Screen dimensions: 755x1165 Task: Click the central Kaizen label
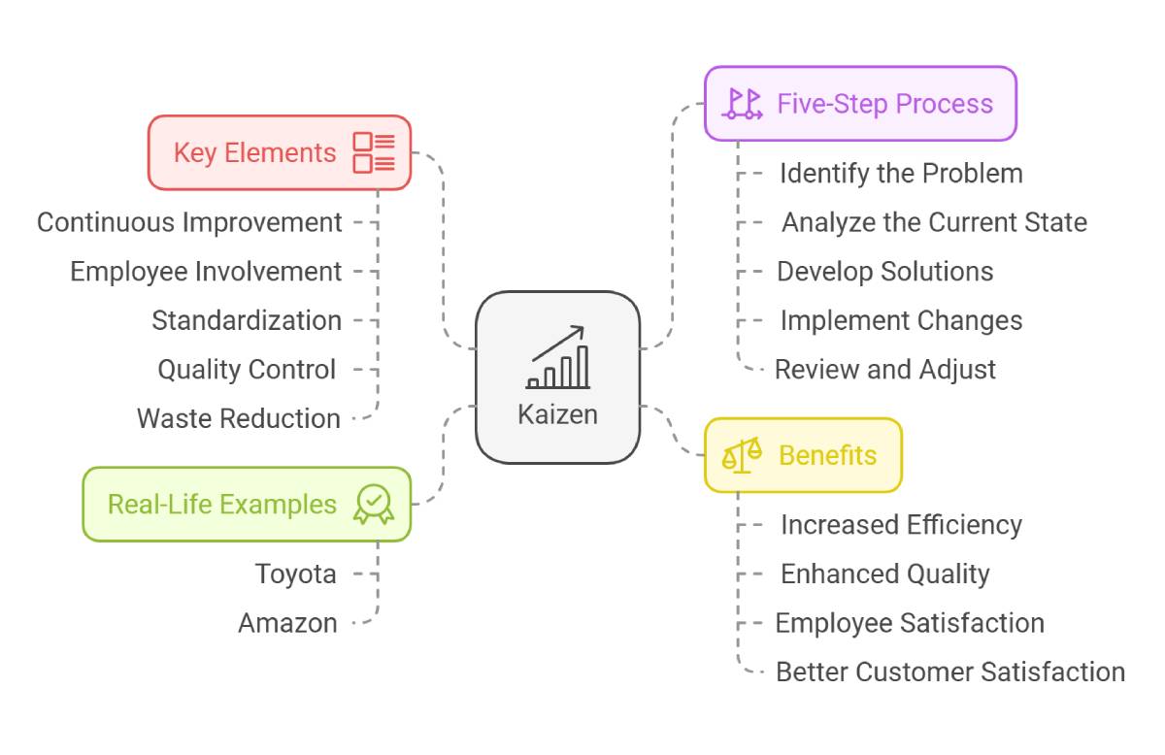point(557,414)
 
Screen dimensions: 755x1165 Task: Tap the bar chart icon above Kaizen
point(558,357)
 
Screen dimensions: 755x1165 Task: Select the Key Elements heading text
point(254,152)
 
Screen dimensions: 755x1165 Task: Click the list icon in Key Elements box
point(374,153)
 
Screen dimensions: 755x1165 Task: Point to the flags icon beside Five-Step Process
point(742,104)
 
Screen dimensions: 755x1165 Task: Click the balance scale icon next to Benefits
point(742,455)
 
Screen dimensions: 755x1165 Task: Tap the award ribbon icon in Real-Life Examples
point(374,505)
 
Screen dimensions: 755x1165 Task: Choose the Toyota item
point(296,574)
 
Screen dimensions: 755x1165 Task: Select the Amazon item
point(287,623)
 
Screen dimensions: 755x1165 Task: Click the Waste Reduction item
point(239,418)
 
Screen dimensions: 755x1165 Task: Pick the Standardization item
point(247,320)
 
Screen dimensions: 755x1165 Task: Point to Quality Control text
point(247,370)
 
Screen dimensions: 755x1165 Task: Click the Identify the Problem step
point(901,174)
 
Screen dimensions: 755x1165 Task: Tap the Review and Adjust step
point(885,370)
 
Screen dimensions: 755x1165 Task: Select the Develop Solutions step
point(885,272)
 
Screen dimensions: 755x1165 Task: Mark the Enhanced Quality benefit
point(885,574)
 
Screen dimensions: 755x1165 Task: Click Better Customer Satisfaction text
point(950,672)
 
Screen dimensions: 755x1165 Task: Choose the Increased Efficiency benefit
point(901,525)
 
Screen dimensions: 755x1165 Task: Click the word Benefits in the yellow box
point(827,455)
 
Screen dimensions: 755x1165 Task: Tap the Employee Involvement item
point(206,272)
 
